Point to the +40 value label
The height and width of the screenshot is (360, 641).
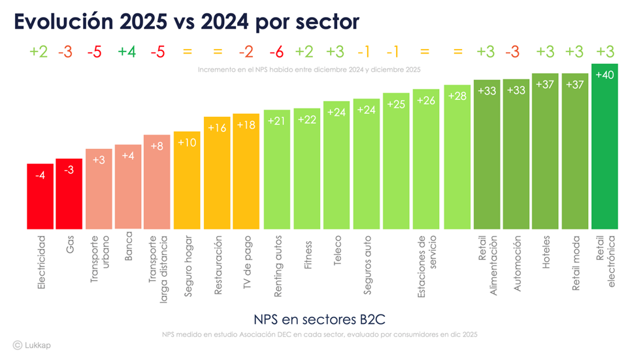tap(604, 74)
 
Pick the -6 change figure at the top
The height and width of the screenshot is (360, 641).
tap(277, 52)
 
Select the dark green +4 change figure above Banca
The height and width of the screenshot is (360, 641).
tap(127, 52)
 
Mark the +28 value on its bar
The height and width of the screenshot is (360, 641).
tap(457, 96)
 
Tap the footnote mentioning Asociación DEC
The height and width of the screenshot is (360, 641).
tap(320, 335)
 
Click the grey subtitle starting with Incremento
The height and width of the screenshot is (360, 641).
tap(308, 69)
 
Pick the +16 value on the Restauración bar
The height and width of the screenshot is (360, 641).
tap(217, 128)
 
